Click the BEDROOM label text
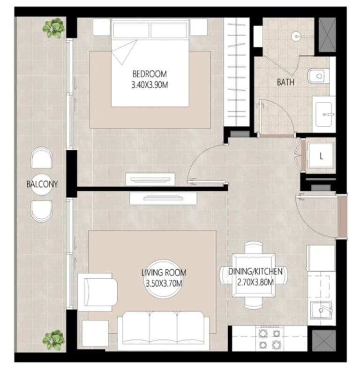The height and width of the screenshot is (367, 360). coord(150,74)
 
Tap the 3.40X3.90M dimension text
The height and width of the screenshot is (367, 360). coord(150,85)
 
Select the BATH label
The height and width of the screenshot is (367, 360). coord(285,82)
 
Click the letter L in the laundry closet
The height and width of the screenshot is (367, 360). coord(321,156)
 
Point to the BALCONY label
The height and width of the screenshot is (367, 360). coord(42,184)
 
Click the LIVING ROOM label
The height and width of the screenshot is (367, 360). coord(164,273)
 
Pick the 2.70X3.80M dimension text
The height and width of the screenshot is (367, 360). coord(255,282)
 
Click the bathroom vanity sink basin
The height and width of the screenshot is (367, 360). coord(324,115)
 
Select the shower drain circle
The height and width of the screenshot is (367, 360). coord(296,37)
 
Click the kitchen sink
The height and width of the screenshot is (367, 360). coord(321,310)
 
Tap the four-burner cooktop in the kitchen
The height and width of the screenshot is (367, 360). coord(270,339)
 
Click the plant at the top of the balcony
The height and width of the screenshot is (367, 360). coord(53,28)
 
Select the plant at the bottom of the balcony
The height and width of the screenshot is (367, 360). coord(53,341)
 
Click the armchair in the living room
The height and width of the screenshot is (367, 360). coord(97,292)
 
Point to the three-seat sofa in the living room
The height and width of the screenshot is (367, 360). coord(164,331)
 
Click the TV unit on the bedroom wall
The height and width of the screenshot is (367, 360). coord(150,179)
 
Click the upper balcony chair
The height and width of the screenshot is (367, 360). coord(41,158)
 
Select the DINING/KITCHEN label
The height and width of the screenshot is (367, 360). coord(255,272)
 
